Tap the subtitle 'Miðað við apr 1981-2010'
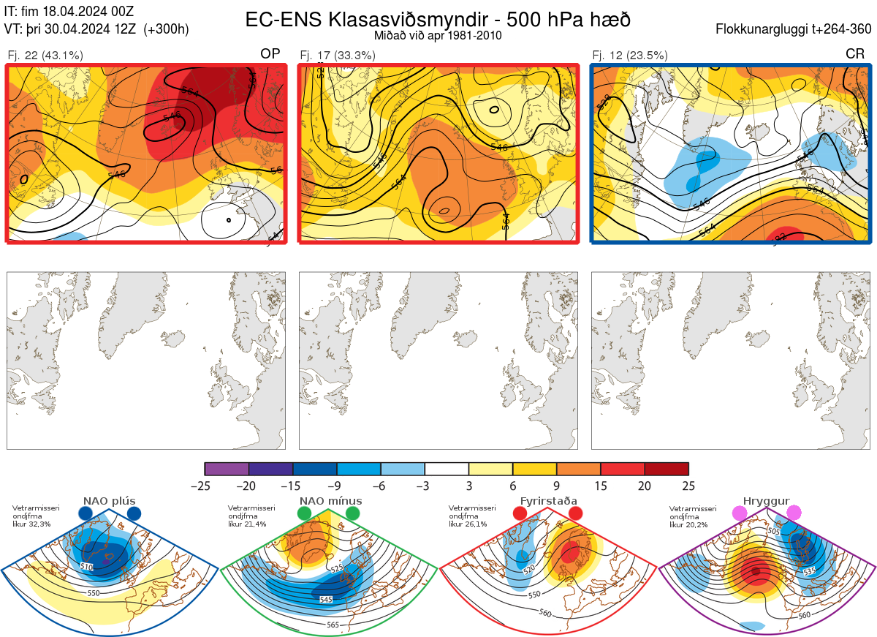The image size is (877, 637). [x=438, y=35]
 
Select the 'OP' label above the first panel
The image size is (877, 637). [x=270, y=54]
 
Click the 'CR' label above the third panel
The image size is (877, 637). [x=854, y=54]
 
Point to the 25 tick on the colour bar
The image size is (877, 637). [x=688, y=486]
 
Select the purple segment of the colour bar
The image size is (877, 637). [x=227, y=469]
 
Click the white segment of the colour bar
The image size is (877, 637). [x=447, y=469]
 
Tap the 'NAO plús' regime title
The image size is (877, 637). [x=110, y=501]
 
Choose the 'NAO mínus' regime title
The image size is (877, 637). [x=330, y=501]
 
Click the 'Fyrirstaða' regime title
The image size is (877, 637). [x=548, y=501]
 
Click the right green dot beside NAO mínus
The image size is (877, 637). [x=354, y=514]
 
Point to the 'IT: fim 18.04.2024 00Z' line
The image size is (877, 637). [x=69, y=11]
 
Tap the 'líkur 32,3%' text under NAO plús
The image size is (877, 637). [x=31, y=524]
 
